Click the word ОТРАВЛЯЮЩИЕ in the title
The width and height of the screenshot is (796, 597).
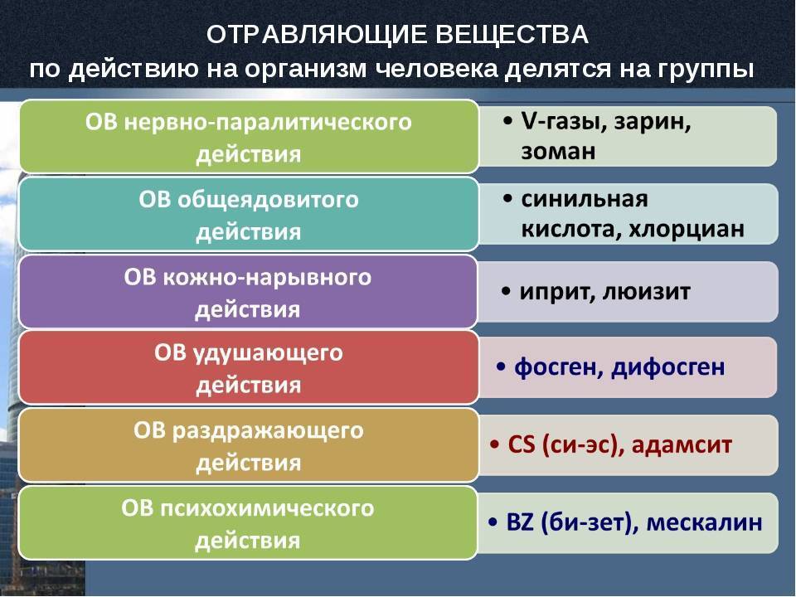point(316,35)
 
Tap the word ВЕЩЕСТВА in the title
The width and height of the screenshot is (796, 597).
point(512,35)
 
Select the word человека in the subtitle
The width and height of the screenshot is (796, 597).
point(437,69)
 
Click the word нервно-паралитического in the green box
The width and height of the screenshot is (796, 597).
point(268,123)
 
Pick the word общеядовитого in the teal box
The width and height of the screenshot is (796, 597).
point(268,200)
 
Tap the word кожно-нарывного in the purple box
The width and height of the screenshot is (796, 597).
point(268,279)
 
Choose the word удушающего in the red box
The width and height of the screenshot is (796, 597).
point(268,353)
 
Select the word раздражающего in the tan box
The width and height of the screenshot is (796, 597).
point(268,431)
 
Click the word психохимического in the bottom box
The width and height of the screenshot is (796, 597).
point(268,508)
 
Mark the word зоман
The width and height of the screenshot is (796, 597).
point(558,152)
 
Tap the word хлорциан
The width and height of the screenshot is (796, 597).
point(687,230)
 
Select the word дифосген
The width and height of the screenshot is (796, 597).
point(668,366)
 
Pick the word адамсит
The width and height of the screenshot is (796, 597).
point(682,444)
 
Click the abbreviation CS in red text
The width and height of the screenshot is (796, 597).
point(522,444)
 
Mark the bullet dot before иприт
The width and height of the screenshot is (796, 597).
point(506,292)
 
